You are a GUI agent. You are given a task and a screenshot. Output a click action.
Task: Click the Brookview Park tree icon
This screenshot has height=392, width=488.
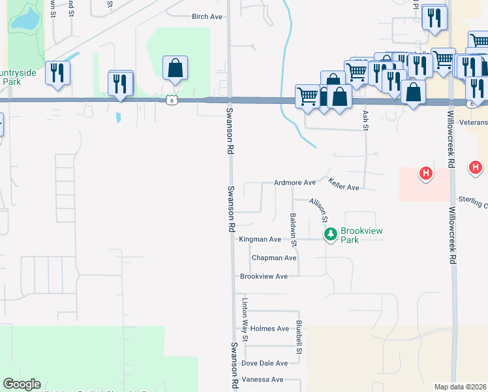331,234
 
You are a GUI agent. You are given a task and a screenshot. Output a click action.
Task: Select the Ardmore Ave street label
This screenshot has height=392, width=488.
295,183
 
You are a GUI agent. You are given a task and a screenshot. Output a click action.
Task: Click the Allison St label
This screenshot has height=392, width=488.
319,209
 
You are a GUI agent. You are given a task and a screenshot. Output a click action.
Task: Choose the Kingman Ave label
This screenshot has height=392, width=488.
260,240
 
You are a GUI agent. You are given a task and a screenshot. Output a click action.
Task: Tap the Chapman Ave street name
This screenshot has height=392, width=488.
274,258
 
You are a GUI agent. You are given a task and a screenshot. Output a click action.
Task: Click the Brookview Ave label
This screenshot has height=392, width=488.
264,276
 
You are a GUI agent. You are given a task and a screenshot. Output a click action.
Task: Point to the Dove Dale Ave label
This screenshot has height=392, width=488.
264,363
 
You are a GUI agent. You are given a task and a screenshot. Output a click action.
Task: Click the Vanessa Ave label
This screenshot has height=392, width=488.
262,380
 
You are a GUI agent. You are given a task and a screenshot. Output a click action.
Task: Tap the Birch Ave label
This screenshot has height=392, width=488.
207,17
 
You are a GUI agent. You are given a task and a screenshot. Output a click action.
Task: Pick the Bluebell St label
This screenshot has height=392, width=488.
299,337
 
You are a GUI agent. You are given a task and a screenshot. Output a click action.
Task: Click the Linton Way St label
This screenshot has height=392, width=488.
245,320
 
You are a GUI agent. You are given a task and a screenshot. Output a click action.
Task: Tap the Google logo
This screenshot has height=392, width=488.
22,384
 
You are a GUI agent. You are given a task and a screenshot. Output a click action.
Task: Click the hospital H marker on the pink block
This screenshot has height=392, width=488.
425,174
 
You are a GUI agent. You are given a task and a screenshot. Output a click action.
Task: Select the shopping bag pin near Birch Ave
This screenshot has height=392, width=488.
175,68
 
